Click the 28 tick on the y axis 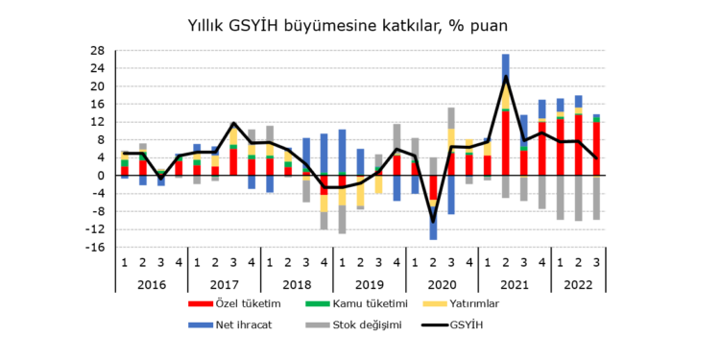click(x=97, y=51)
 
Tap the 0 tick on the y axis click(x=101, y=176)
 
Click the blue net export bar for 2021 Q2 click(x=506, y=66)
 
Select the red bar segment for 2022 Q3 click(x=596, y=149)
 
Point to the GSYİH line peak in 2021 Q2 click(x=506, y=78)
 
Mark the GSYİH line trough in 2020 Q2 click(x=433, y=222)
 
